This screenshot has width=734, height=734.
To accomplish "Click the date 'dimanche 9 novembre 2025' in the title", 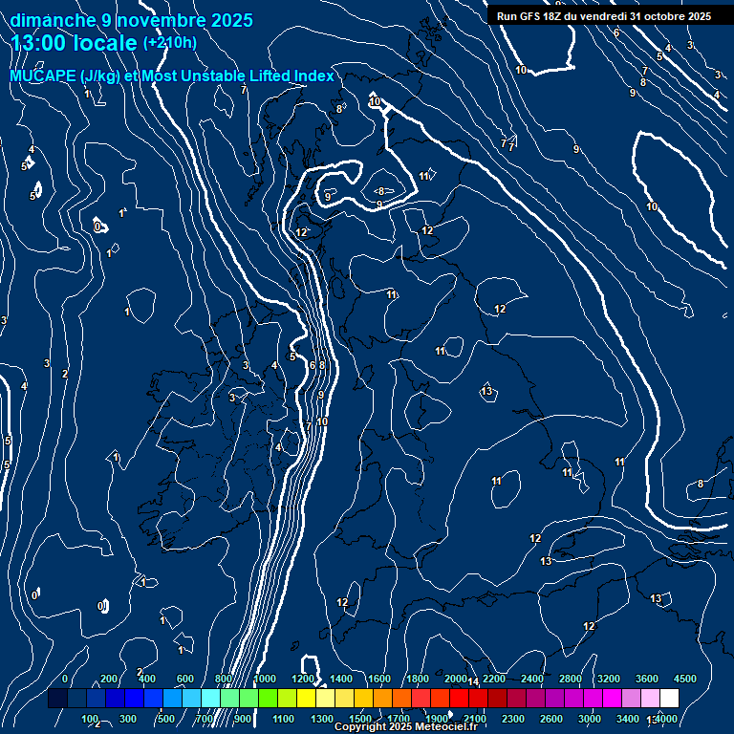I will pyautogui.click(x=131, y=20).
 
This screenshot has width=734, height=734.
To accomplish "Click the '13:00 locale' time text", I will pyautogui.click(x=75, y=43).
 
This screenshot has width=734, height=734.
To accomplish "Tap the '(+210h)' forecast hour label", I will pyautogui.click(x=169, y=43).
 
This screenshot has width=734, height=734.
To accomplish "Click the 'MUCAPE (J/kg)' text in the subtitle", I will pyautogui.click(x=65, y=76).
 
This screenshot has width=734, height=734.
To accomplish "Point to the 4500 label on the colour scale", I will pyautogui.click(x=685, y=679).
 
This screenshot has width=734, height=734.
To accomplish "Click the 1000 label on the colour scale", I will pyautogui.click(x=265, y=679).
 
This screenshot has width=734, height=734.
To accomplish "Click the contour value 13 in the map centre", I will pyautogui.click(x=486, y=392).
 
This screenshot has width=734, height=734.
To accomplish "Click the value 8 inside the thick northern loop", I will pyautogui.click(x=380, y=191).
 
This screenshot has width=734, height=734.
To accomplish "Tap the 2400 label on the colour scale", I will pyautogui.click(x=532, y=679).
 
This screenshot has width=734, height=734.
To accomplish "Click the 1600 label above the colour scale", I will pyautogui.click(x=379, y=679).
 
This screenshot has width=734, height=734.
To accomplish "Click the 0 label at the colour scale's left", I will pyautogui.click(x=65, y=679).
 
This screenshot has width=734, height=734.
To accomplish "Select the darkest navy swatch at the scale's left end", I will pyautogui.click(x=57, y=699).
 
